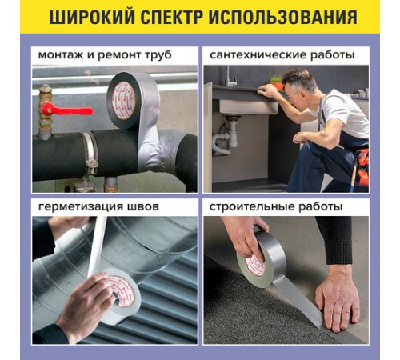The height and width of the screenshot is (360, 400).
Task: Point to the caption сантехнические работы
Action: tap(282, 56)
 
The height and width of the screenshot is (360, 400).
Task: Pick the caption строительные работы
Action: tap(276, 206)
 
